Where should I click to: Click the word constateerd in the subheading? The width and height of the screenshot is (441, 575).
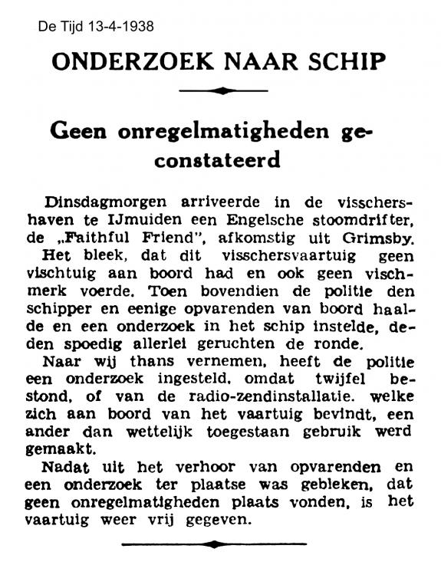point(221,161)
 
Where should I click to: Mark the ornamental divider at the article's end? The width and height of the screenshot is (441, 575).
point(220,544)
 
